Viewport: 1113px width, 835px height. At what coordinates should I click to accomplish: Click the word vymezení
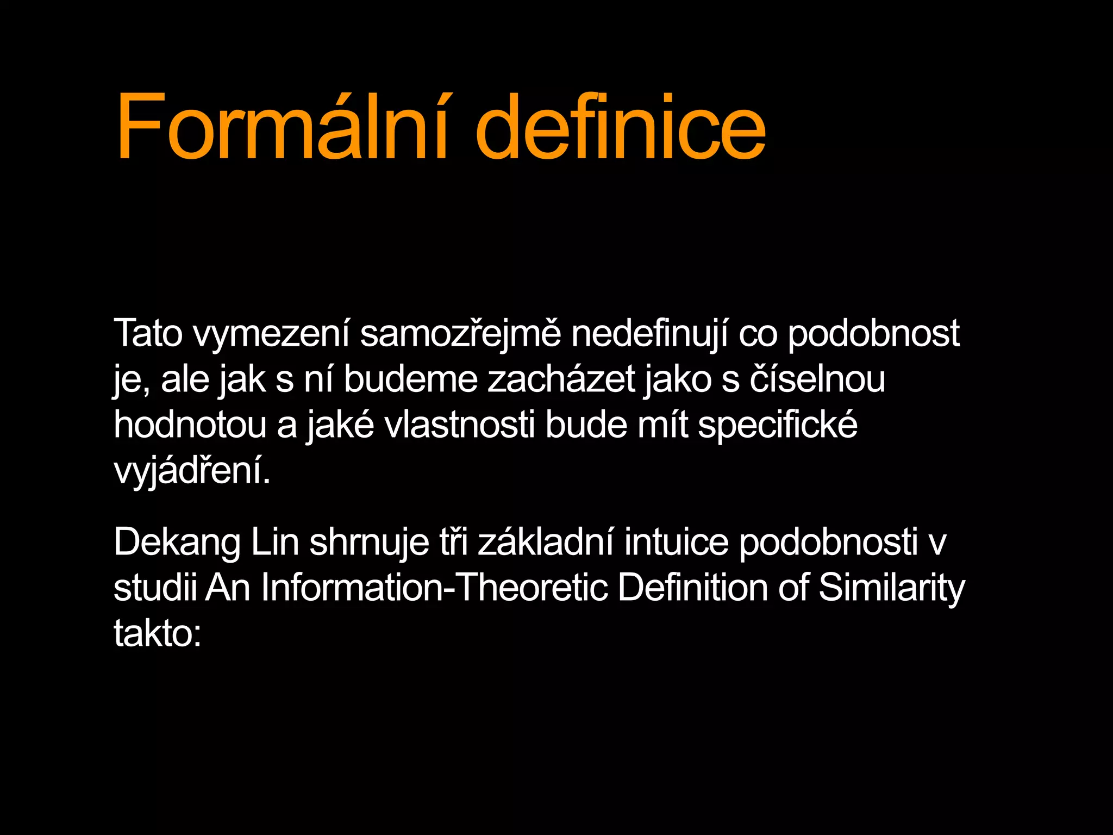[271, 334]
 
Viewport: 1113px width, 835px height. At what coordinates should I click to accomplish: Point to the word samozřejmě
[460, 334]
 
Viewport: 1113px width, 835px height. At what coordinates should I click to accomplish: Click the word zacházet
[561, 379]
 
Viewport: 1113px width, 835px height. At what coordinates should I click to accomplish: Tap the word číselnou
[817, 379]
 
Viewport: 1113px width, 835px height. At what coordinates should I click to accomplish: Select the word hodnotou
[190, 425]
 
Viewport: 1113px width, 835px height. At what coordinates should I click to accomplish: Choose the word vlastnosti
[460, 425]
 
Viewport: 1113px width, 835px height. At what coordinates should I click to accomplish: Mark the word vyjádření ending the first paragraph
[191, 471]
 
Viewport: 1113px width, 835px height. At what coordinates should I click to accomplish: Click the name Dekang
[177, 543]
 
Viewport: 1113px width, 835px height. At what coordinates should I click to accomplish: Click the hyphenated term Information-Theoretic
[434, 588]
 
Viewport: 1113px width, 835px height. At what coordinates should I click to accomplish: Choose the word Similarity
[891, 589]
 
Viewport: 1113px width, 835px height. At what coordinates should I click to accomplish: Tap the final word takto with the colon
[157, 634]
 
